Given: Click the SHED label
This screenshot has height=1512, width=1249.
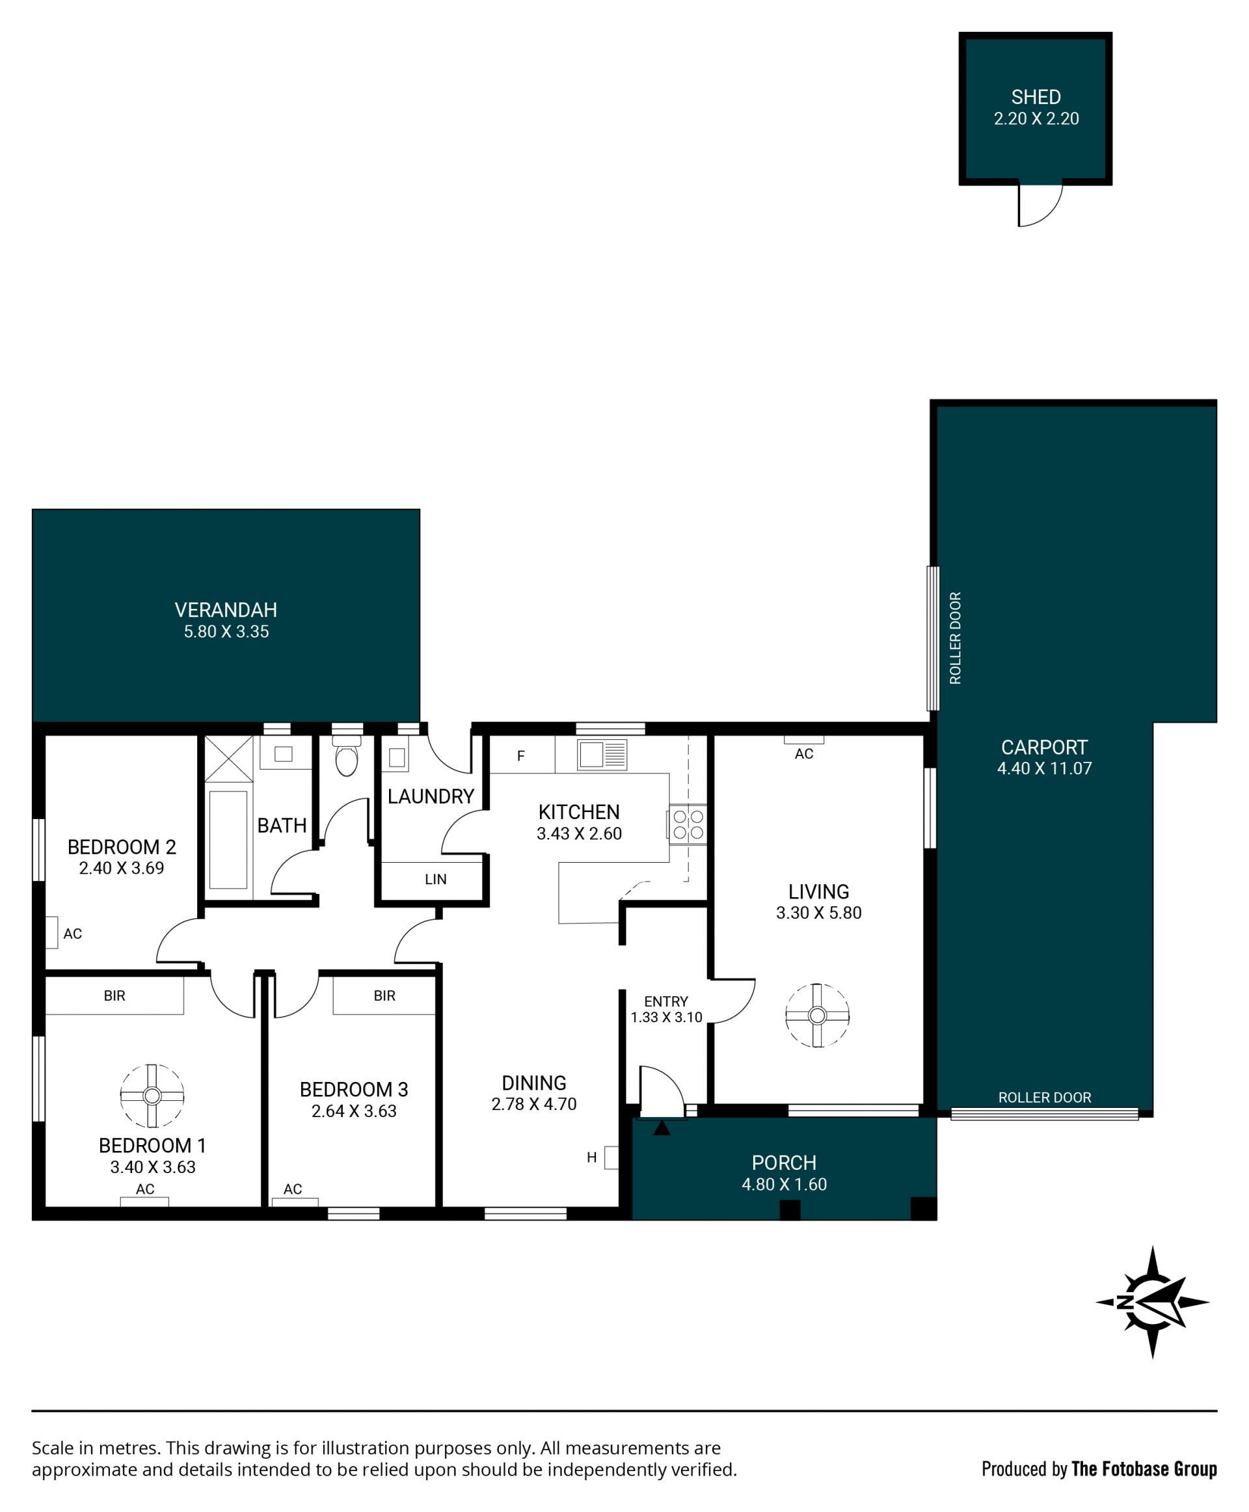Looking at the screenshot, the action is click(x=1036, y=97).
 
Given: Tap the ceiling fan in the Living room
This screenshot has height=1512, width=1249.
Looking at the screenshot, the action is click(x=816, y=1016).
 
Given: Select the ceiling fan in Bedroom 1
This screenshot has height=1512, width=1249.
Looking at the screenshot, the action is click(x=152, y=1096).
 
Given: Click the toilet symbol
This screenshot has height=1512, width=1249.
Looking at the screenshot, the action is click(x=347, y=755).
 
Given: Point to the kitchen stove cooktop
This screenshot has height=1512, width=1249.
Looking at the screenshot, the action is click(x=688, y=824).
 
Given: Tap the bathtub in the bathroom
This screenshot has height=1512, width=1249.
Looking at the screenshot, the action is click(x=228, y=840).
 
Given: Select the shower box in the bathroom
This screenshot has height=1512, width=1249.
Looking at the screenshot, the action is click(x=229, y=759).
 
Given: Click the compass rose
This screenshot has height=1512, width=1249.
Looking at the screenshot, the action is click(x=1153, y=1302).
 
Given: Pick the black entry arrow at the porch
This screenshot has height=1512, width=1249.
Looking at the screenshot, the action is click(x=662, y=1127).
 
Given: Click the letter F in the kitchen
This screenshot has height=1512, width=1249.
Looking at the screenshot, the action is click(x=521, y=755).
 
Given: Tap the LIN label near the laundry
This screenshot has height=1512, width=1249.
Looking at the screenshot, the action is click(x=435, y=879).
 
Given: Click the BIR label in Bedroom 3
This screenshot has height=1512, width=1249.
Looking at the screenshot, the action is click(x=384, y=995).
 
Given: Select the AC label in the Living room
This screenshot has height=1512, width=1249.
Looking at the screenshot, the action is click(x=803, y=753).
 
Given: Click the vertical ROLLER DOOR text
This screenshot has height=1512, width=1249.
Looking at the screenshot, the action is click(x=956, y=638).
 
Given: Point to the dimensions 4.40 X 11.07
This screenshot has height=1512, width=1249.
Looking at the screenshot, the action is click(x=1044, y=768).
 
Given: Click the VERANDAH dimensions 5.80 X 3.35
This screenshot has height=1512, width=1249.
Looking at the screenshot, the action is click(x=226, y=631).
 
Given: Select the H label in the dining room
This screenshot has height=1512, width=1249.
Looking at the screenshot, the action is click(x=591, y=1157).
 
